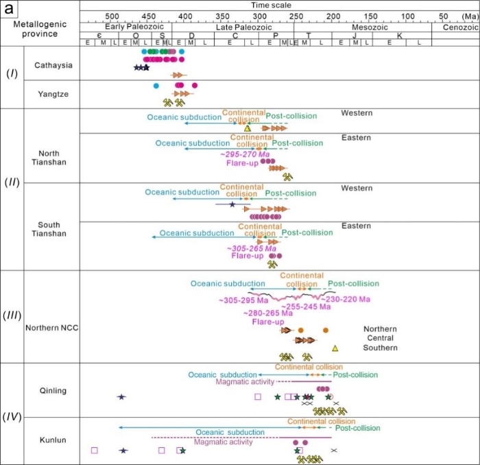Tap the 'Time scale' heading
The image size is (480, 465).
(279, 5)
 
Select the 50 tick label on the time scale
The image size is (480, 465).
(444, 16)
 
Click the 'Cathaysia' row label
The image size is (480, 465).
(52, 66)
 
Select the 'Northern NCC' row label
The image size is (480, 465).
(52, 328)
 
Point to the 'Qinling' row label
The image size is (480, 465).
(52, 391)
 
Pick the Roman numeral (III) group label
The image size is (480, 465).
(12, 315)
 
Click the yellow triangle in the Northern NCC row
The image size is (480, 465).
(335, 348)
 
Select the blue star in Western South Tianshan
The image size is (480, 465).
(232, 204)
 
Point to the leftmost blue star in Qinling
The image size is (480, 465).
(121, 397)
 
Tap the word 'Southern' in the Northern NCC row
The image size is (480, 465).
(381, 348)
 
